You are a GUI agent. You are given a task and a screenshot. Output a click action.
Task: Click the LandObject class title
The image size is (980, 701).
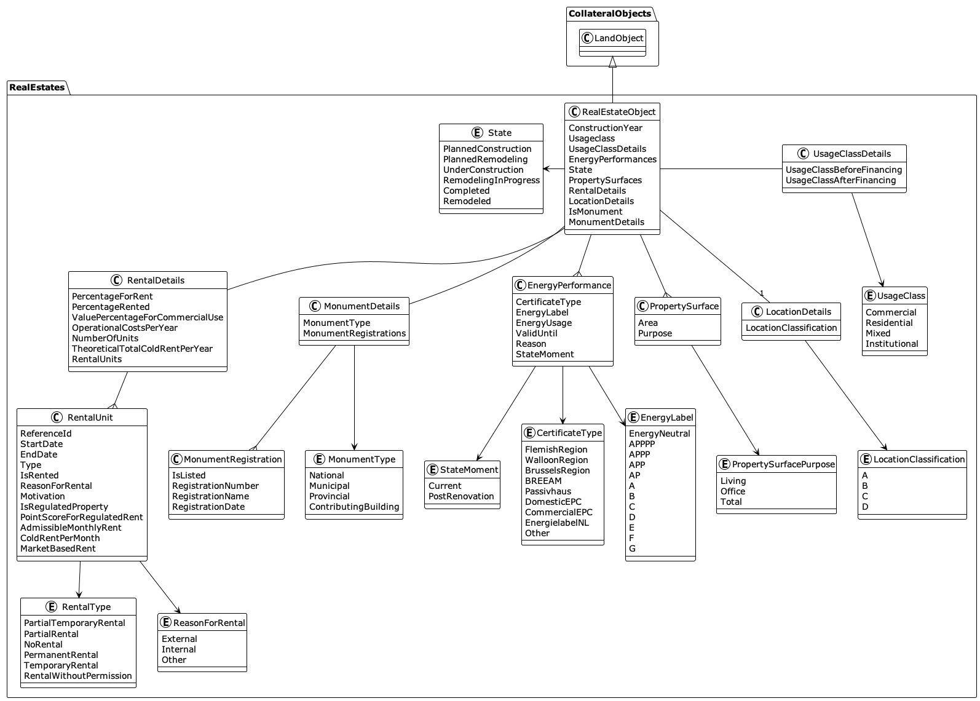618,38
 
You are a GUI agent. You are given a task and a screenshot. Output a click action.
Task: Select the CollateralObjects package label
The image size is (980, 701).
609,14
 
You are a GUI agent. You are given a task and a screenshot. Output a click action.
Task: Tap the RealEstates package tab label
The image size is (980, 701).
37,87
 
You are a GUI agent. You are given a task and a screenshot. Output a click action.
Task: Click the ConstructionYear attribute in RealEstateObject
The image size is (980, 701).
605,128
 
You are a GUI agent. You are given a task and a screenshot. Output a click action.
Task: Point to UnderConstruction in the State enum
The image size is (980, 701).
483,170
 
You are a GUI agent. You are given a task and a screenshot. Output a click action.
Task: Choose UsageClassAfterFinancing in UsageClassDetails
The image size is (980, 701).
840,180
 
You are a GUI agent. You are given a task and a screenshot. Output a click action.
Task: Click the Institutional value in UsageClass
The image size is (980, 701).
891,344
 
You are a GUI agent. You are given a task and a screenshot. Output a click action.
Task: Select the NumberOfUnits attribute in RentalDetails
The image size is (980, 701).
105,338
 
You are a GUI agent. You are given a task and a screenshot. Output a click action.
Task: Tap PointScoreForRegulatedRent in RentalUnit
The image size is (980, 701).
81,517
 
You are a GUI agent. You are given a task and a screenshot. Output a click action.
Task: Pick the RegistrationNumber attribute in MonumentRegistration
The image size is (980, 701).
215,486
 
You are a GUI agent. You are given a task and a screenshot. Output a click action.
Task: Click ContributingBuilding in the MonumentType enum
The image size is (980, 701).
354,507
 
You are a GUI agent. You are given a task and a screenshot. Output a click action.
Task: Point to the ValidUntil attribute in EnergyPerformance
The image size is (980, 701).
536,333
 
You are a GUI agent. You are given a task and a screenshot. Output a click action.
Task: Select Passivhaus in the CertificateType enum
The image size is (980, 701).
548,491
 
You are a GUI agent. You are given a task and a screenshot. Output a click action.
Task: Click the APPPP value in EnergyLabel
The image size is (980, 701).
642,444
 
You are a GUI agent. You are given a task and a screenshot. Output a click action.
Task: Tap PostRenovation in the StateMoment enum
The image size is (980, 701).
461,496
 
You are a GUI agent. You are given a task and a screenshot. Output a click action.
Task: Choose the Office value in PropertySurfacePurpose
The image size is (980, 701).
732,491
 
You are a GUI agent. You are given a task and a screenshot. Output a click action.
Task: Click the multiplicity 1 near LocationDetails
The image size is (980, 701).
761,293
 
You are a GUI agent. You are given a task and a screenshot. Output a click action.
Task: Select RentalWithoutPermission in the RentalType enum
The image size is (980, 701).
78,676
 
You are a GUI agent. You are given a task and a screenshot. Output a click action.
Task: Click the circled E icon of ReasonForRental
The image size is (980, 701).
165,622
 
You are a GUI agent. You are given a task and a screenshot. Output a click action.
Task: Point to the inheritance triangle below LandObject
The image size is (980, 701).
612,61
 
